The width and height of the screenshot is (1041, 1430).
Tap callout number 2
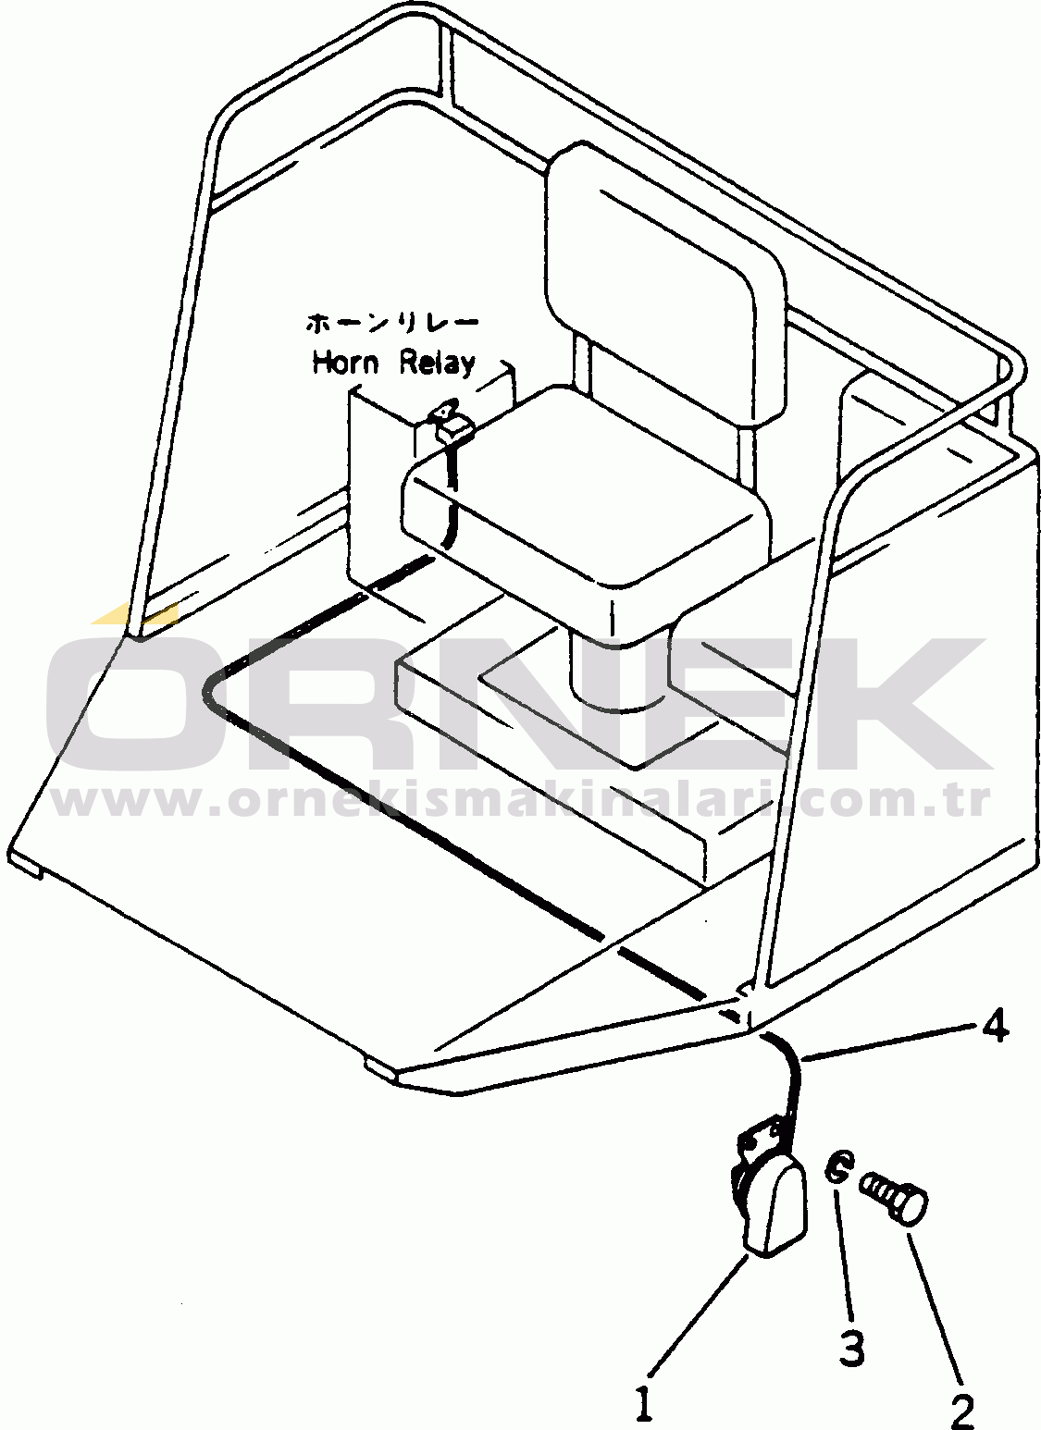[962, 1409]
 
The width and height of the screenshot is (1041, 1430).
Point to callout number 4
[995, 1027]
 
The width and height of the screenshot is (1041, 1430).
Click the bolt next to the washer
[894, 1196]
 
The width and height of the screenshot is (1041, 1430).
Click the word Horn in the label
[345, 362]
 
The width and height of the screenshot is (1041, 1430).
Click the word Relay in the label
[438, 364]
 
